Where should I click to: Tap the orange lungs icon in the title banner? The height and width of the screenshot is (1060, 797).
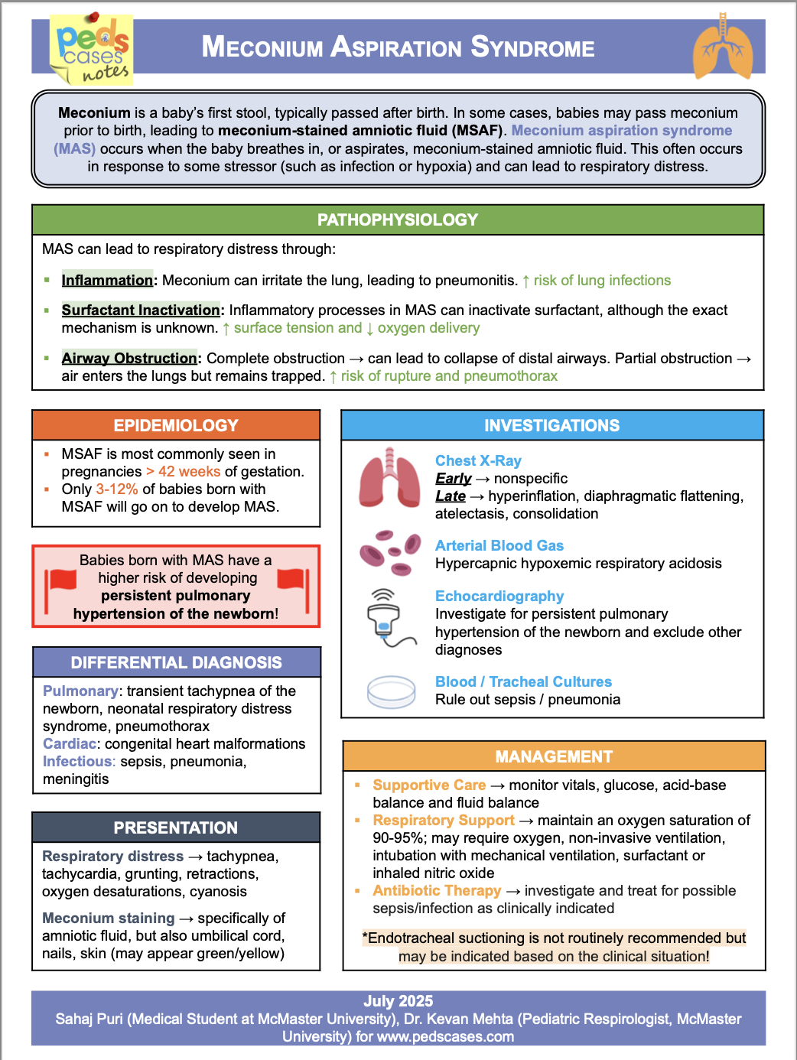(722, 47)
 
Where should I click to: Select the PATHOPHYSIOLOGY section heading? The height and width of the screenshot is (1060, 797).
(398, 220)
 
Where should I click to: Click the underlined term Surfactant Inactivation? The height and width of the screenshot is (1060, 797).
(141, 311)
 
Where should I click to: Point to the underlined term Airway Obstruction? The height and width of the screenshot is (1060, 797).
(129, 359)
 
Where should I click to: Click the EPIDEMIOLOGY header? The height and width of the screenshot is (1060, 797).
(176, 426)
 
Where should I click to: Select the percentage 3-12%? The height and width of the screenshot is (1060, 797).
(117, 489)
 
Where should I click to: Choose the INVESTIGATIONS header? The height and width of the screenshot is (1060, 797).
(551, 426)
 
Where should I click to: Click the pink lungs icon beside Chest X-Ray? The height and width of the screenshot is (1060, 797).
(390, 479)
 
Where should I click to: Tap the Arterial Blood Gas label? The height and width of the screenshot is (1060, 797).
(499, 546)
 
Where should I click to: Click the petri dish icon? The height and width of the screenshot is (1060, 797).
(391, 691)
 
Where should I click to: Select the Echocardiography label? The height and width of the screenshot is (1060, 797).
(499, 597)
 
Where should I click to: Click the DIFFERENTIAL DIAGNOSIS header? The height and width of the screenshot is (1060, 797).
(176, 663)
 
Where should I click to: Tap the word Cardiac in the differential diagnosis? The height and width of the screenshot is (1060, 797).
(70, 744)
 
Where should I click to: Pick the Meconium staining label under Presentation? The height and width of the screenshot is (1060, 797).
(109, 919)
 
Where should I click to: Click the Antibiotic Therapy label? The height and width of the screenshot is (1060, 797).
(437, 891)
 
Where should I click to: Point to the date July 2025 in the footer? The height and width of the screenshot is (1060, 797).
(398, 1001)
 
